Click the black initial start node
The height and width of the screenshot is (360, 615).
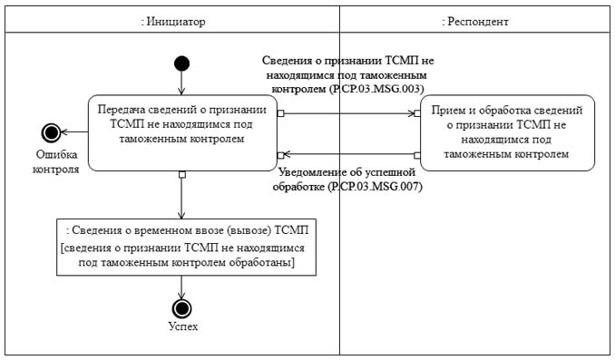181,63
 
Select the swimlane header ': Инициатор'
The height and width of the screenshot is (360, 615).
172,20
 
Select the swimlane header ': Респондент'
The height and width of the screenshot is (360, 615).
474,20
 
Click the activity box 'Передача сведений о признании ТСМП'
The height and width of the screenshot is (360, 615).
181,132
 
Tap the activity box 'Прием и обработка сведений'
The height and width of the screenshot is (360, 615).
506,132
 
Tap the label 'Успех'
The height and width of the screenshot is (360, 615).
182,326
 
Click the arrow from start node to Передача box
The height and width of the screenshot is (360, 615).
181,82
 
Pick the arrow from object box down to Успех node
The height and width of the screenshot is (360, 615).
182,285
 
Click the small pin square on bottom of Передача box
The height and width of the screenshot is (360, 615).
182,173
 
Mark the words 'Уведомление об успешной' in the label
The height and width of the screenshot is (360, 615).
347,171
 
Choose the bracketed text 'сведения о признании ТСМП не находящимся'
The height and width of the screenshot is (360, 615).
181,247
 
